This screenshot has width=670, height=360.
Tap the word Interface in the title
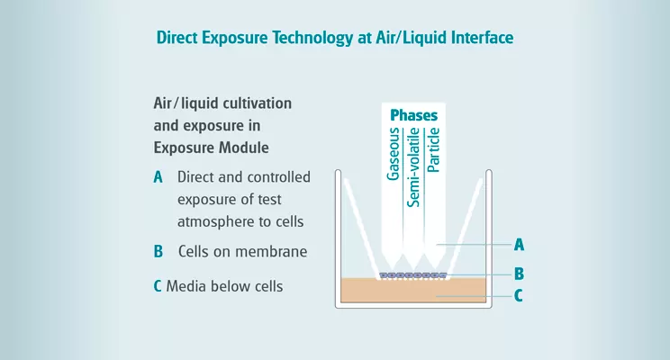[x=480, y=39]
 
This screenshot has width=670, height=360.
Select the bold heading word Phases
[x=413, y=116]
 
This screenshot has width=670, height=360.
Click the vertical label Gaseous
[x=394, y=155]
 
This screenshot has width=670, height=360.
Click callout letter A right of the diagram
[x=519, y=244]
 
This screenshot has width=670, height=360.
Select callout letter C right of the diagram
[x=519, y=295]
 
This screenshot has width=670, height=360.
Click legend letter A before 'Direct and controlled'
[x=158, y=177]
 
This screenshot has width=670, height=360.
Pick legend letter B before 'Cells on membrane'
[x=158, y=251]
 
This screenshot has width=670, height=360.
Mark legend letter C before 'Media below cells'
[x=158, y=287]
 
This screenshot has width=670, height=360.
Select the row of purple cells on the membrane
[x=412, y=274]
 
